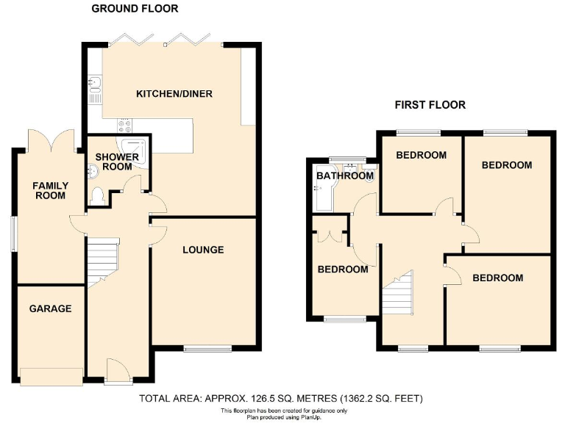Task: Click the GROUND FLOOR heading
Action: pyautogui.click(x=134, y=9)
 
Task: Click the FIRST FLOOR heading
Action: pyautogui.click(x=430, y=104)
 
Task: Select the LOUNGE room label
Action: pyautogui.click(x=203, y=250)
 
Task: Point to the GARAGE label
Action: pyautogui.click(x=50, y=308)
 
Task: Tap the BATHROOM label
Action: pyautogui.click(x=345, y=176)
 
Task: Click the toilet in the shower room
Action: pyautogui.click(x=98, y=195)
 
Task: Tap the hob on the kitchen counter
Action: pyautogui.click(x=122, y=126)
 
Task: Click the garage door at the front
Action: pyautogui.click(x=51, y=376)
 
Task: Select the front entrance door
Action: pyautogui.click(x=117, y=370)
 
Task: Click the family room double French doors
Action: pyautogui.click(x=51, y=141)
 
